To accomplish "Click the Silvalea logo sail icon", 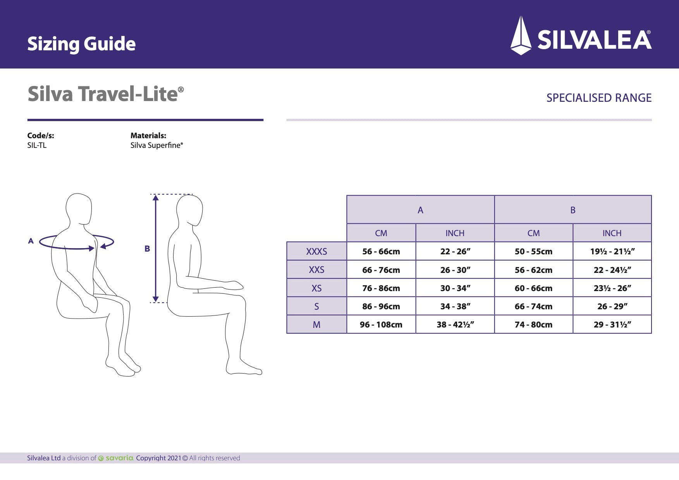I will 521,36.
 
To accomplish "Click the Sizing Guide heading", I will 81,44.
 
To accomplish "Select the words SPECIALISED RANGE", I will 598,98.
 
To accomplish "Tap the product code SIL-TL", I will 37,146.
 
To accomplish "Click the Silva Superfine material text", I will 156,146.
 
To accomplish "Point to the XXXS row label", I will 316,252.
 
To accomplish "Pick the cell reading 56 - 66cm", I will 381,252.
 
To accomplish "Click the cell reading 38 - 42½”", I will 455,325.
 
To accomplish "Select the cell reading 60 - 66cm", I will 533,288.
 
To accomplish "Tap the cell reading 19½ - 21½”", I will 612,252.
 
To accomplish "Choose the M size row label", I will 316,325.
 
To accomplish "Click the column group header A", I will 420,210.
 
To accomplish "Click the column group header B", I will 573,210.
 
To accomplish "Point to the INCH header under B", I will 612,233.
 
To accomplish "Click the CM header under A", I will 381,233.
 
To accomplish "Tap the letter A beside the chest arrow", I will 31,241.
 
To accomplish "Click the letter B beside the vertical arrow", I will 147,249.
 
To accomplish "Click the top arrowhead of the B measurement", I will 156,198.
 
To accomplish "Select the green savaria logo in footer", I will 116,458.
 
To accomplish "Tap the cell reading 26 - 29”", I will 612,307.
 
